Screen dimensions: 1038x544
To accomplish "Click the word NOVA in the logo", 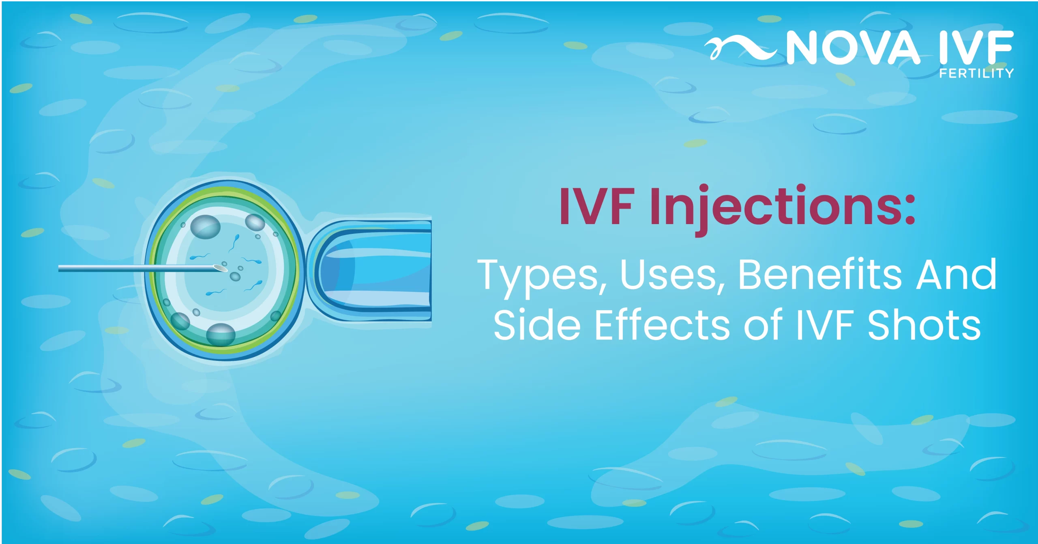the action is (x=853, y=48).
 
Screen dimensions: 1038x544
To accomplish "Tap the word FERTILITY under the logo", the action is (x=976, y=73).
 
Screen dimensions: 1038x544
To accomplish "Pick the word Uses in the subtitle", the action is (x=669, y=275).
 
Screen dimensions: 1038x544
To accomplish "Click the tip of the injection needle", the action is (x=226, y=268).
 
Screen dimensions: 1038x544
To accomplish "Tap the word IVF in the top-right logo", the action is (x=976, y=47).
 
